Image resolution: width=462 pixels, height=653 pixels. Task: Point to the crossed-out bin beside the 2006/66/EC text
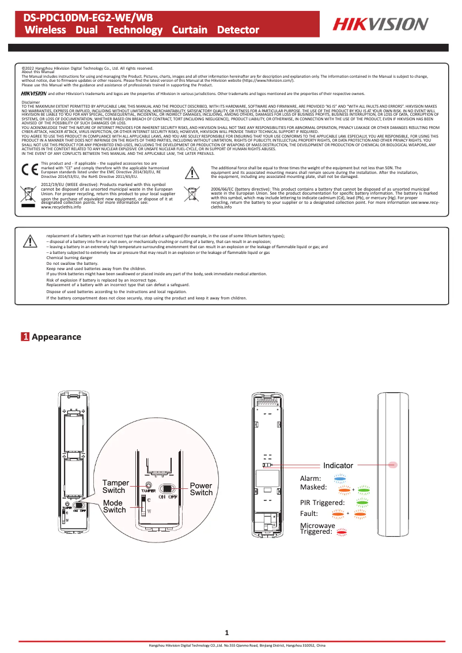pos(191,194)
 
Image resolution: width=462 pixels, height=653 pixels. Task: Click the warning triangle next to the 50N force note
pos(191,172)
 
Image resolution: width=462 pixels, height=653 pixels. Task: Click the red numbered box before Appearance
pos(25,336)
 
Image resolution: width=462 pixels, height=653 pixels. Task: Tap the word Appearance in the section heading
pos(56,336)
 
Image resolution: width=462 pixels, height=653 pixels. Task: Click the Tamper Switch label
pos(115,486)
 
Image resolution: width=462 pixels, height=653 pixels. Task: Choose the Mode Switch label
pos(114,506)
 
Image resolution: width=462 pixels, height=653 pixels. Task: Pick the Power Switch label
pos(201,489)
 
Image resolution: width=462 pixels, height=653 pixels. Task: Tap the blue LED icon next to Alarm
pos(340,477)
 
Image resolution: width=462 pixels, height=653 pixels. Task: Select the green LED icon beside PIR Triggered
pos(362,502)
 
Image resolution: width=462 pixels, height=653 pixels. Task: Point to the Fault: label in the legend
pos(311,513)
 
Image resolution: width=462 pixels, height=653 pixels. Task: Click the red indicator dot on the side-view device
pos(394,464)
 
